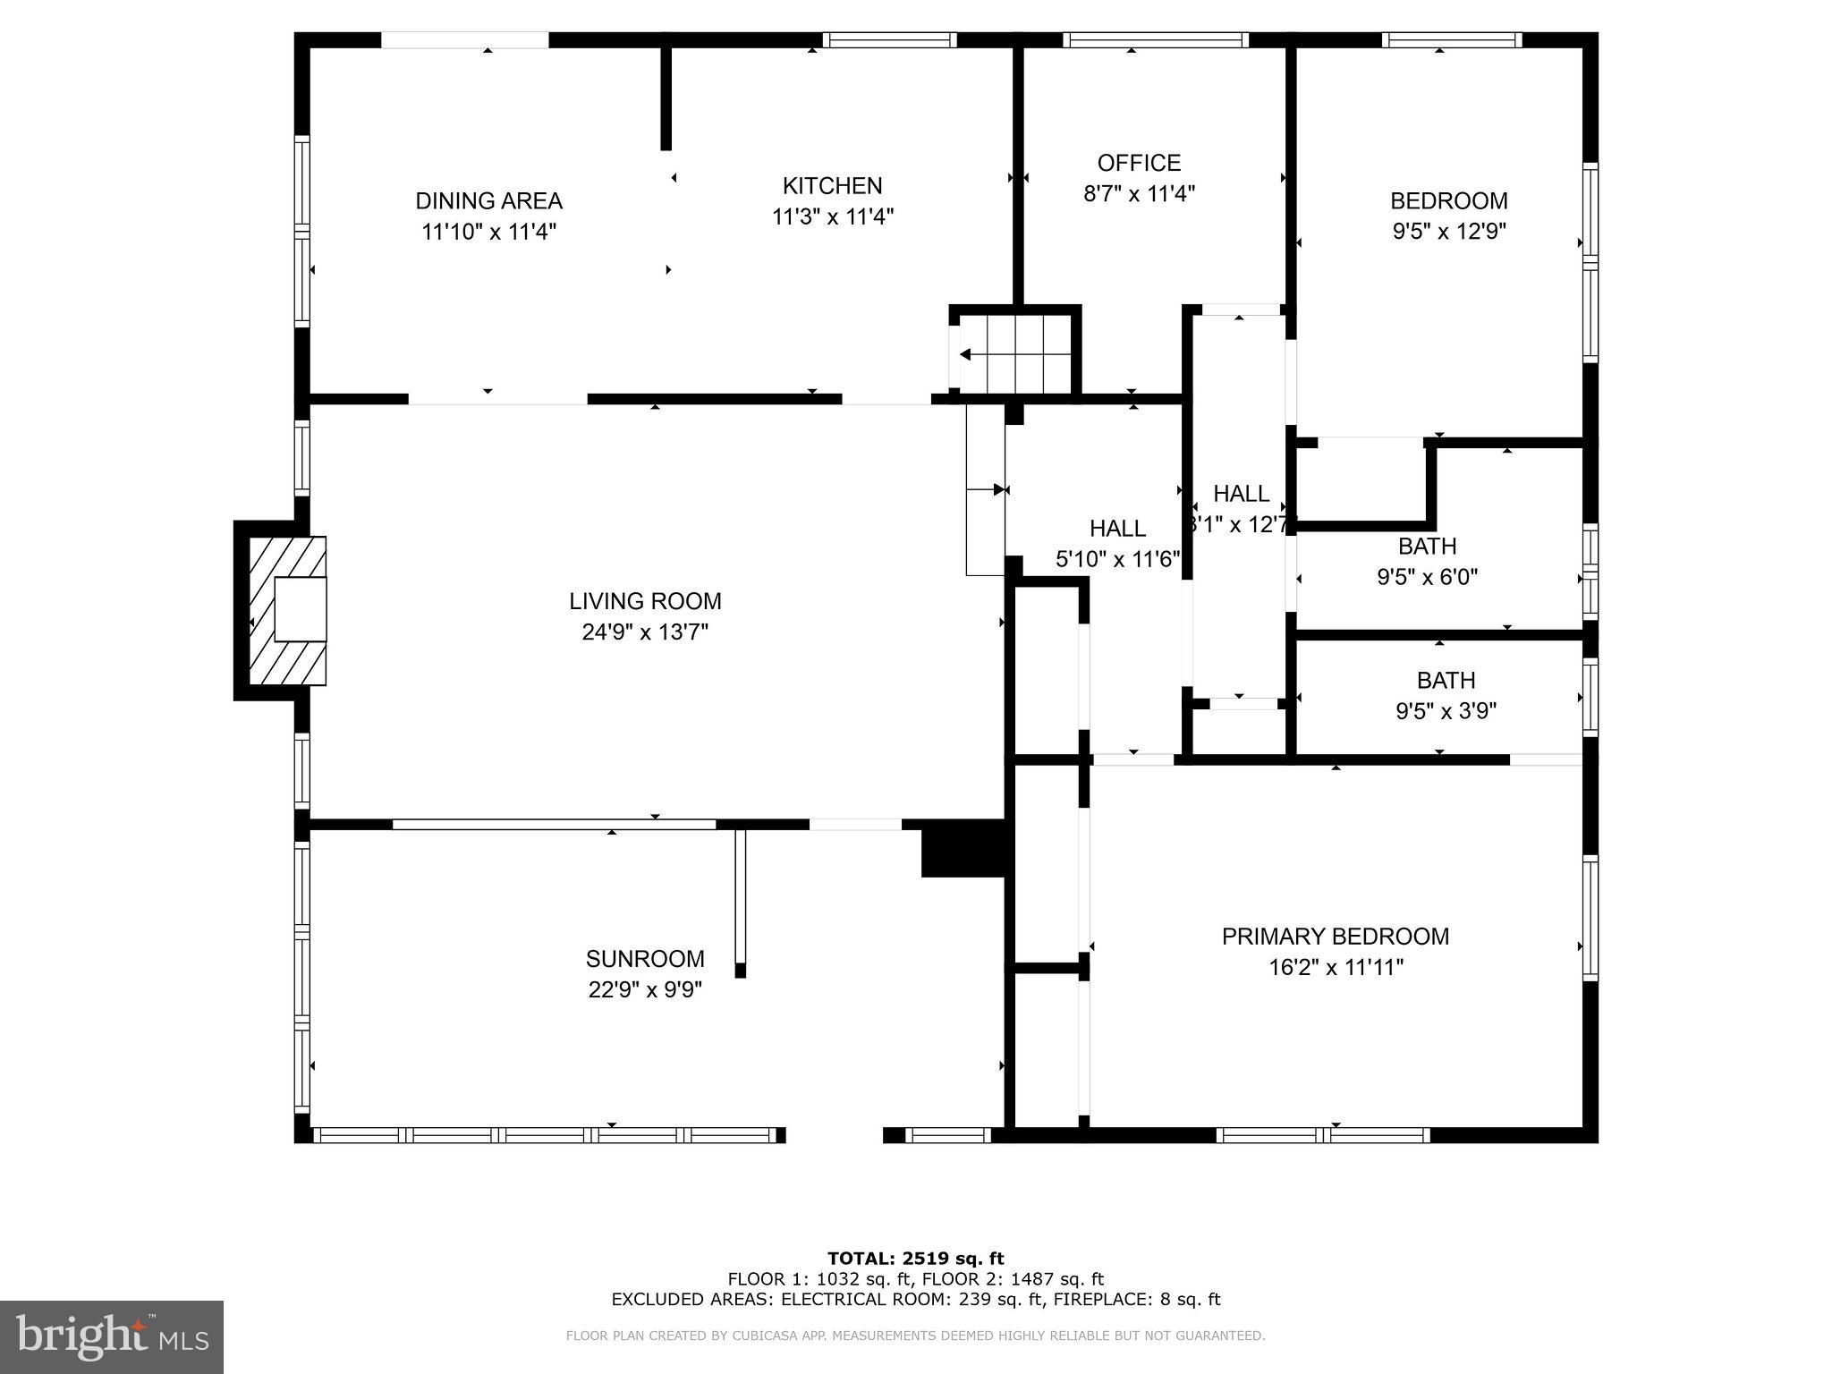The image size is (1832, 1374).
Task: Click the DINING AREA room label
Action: [x=488, y=200]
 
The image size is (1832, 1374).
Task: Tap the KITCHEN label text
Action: [x=833, y=185]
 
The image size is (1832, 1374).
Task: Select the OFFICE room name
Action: [x=1139, y=163]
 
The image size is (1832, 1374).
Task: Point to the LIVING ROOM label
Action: [x=645, y=601]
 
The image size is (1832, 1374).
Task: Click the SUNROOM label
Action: [x=645, y=959]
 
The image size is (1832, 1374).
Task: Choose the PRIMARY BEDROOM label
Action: [x=1336, y=937]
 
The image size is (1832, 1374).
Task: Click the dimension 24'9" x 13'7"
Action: [x=645, y=632]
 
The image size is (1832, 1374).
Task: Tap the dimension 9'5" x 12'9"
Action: [x=1449, y=232]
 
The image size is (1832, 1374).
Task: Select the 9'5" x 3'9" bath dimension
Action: [x=1446, y=711]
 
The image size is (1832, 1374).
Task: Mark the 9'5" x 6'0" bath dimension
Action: [x=1427, y=577]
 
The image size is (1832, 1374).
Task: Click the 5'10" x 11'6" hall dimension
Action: [x=1118, y=560]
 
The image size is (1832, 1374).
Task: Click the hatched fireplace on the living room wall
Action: [x=287, y=611]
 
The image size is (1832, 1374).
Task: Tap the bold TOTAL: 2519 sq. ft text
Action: [x=916, y=1259]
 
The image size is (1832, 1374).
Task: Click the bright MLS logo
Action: [x=112, y=1337]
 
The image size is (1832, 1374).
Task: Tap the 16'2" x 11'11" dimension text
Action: [x=1336, y=968]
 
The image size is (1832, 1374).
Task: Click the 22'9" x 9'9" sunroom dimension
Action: [x=645, y=990]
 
